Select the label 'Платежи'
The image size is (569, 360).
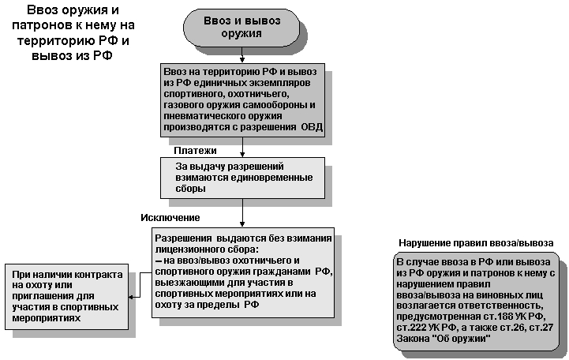[195, 150]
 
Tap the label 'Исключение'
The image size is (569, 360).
[170, 217]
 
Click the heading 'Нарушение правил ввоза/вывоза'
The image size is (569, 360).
[475, 242]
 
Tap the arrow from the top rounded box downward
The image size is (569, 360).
[241, 56]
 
